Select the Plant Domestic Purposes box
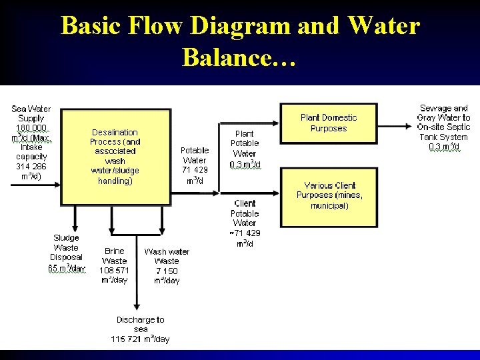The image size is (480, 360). (x=329, y=123)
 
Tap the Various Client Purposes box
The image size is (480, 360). (x=329, y=196)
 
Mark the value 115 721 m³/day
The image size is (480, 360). (x=140, y=339)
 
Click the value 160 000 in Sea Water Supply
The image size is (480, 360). (x=31, y=127)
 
